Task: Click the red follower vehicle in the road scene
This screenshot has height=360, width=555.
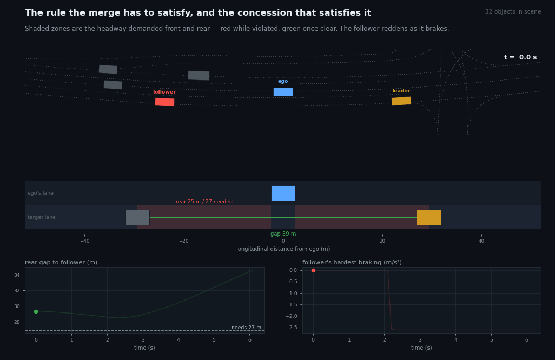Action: pyautogui.click(x=164, y=102)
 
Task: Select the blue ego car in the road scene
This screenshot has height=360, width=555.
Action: pyautogui.click(x=283, y=92)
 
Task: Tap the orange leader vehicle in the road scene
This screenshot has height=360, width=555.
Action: pyautogui.click(x=401, y=101)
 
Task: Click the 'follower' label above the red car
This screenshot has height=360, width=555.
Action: pyautogui.click(x=164, y=92)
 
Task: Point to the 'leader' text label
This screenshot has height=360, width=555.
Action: pyautogui.click(x=401, y=91)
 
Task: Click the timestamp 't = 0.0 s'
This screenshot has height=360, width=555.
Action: pyautogui.click(x=520, y=57)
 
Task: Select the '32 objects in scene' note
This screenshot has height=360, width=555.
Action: pyautogui.click(x=513, y=12)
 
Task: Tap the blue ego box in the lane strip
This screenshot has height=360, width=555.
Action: pyautogui.click(x=283, y=193)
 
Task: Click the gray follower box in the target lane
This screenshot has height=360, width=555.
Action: pyautogui.click(x=138, y=217)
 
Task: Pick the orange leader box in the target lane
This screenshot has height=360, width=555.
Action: pyautogui.click(x=429, y=217)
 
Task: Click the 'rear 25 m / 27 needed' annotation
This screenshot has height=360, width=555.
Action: pyautogui.click(x=204, y=202)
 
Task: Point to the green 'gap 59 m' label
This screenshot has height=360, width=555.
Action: pyautogui.click(x=283, y=234)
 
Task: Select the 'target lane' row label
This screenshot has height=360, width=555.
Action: pyautogui.click(x=42, y=217)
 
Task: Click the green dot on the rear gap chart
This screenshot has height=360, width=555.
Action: pyautogui.click(x=36, y=311)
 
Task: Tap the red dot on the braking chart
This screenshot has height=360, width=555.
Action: pyautogui.click(x=313, y=270)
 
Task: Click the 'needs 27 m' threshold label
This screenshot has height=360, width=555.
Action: pyautogui.click(x=246, y=328)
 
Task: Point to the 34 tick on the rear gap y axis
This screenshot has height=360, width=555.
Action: pyautogui.click(x=17, y=275)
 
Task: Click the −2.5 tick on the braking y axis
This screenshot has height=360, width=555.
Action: pyautogui.click(x=291, y=328)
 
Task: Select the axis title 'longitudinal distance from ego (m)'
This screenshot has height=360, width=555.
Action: pyautogui.click(x=283, y=249)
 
